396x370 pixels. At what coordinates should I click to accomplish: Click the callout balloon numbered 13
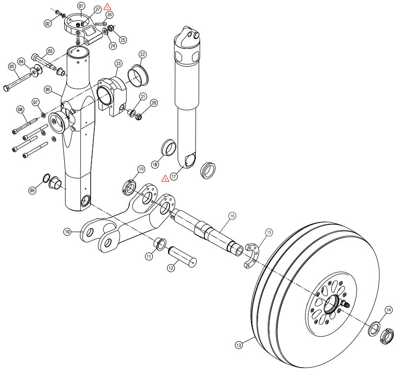(238, 345)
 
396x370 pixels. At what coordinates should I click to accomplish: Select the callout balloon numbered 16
(232, 216)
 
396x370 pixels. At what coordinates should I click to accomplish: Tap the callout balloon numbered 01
(81, 6)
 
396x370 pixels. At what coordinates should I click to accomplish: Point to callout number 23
(118, 63)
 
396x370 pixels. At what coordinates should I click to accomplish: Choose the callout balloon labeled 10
(67, 231)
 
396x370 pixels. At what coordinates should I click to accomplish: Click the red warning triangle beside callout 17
(165, 178)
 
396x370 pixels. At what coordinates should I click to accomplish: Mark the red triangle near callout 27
(107, 7)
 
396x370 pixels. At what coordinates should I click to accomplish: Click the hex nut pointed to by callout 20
(138, 117)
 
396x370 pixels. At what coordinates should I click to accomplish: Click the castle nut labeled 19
(129, 187)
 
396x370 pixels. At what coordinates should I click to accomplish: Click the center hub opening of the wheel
(331, 304)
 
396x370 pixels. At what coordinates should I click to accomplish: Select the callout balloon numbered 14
(389, 310)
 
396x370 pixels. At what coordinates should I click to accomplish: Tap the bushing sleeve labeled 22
(138, 75)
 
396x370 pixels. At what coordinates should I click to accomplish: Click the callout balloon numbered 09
(32, 190)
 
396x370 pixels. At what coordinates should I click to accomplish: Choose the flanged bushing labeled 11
(160, 244)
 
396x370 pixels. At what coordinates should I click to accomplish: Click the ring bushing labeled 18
(169, 147)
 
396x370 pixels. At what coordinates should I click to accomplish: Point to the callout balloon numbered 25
(123, 40)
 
